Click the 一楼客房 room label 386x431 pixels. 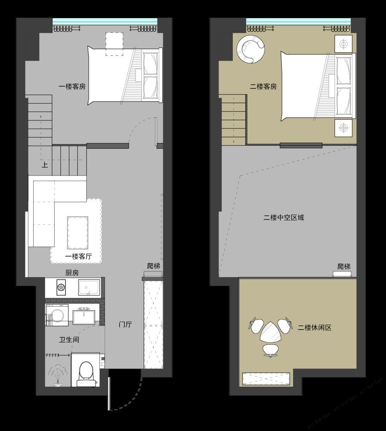(72, 86)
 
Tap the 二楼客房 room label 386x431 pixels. (263, 86)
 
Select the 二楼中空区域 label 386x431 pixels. (284, 218)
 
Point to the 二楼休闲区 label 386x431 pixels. (315, 328)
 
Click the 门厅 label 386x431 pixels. (125, 325)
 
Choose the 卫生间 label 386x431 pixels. (69, 340)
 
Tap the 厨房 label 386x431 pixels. (72, 273)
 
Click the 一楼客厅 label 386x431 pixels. (78, 257)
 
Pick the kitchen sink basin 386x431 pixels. (89, 287)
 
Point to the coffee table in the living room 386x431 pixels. (78, 231)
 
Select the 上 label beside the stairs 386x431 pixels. (44, 165)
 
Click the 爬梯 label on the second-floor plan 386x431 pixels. (344, 267)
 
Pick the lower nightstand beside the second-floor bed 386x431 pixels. (343, 128)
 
